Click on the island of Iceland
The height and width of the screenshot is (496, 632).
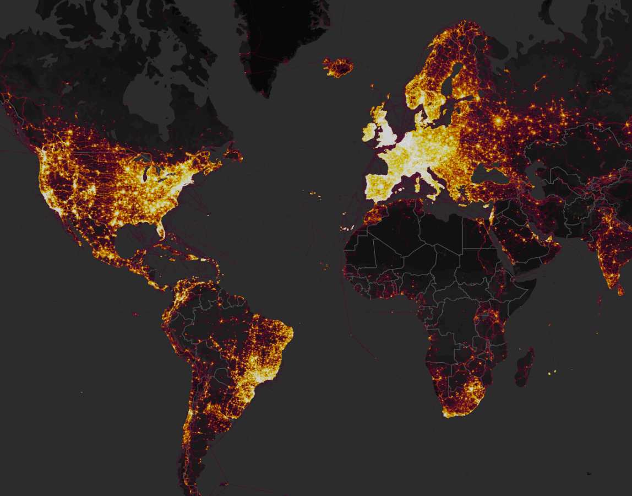click(337, 67)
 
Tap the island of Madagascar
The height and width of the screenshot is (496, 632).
click(524, 367)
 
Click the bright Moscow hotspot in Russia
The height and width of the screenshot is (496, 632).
click(499, 120)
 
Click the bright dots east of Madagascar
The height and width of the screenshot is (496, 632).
click(552, 373)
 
